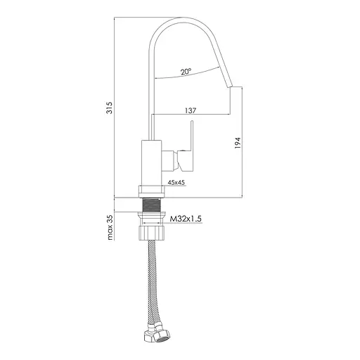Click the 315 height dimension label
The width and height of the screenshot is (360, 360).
coord(110,108)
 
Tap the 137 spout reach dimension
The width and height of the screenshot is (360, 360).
coord(191,110)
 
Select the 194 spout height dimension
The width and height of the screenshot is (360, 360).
coord(238,143)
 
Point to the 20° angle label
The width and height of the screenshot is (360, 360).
coord(186,72)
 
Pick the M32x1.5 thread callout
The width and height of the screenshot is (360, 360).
coord(186,219)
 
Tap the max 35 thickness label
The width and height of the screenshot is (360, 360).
coord(110,227)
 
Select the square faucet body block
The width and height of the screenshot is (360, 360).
coord(151,163)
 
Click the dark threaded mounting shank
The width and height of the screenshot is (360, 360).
coord(151,205)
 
